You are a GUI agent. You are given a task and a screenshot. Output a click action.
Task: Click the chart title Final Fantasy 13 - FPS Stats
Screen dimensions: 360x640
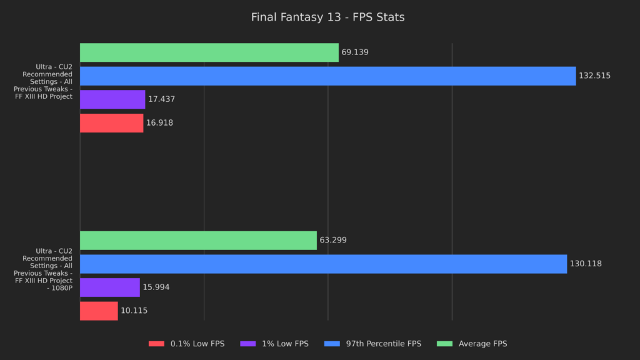point(327,17)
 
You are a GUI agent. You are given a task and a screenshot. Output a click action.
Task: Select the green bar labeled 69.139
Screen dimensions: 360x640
point(209,52)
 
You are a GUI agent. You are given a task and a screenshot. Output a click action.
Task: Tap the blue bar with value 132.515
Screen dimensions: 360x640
point(327,76)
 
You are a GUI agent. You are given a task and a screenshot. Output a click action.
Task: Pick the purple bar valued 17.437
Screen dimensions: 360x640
point(112,99)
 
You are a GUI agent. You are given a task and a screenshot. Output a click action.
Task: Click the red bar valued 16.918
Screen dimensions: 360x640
point(111,123)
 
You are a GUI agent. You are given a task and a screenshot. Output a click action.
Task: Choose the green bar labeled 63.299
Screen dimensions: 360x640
point(198,241)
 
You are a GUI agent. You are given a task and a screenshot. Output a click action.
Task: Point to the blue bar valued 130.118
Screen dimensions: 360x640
point(323,264)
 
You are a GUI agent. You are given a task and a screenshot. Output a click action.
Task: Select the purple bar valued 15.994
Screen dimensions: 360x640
point(110,287)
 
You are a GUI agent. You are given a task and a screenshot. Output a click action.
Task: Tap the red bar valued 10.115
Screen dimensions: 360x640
point(99,311)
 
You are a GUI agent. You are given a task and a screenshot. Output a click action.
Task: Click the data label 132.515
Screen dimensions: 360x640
point(594,76)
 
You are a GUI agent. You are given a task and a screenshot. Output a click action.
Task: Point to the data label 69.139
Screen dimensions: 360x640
point(355,52)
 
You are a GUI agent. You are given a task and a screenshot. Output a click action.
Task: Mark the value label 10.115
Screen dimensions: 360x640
point(134,311)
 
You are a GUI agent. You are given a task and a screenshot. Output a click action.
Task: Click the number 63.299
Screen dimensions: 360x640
point(333,241)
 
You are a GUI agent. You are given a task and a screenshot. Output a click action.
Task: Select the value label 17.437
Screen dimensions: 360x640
point(161,99)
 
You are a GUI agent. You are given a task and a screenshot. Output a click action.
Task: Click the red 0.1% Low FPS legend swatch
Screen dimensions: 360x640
point(157,344)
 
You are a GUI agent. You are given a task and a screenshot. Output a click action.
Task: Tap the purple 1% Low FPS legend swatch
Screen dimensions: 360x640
point(248,344)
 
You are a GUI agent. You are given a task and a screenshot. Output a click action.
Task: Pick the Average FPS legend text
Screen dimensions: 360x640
point(482,344)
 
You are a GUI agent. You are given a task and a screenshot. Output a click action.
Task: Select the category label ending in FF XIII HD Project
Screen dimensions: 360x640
point(43,81)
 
